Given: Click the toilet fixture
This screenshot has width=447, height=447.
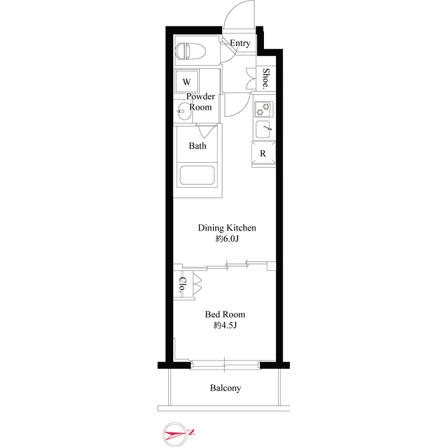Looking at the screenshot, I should pyautogui.click(x=188, y=51).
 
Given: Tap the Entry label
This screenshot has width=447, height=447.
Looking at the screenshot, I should pyautogui.click(x=240, y=43).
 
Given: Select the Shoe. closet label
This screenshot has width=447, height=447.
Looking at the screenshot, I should pyautogui.click(x=266, y=78).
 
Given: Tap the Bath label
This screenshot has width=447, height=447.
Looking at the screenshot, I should pyautogui.click(x=197, y=146).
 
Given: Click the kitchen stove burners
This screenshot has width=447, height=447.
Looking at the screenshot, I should pyautogui.click(x=263, y=110).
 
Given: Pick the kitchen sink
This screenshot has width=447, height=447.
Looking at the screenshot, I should pyautogui.click(x=263, y=130).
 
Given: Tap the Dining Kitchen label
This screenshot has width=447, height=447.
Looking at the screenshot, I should pyautogui.click(x=227, y=228).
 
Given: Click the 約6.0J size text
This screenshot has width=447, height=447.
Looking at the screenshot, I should pyautogui.click(x=227, y=240).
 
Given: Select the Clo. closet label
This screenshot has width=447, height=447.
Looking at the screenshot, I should pyautogui.click(x=182, y=284).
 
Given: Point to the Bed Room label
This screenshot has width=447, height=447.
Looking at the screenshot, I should pyautogui.click(x=225, y=314).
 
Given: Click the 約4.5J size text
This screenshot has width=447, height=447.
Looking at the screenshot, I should pyautogui.click(x=225, y=326).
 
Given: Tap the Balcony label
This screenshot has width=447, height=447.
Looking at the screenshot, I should pyautogui.click(x=225, y=388).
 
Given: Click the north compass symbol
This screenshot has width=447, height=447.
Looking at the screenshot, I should pyautogui.click(x=175, y=434).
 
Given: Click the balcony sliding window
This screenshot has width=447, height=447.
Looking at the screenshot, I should pyautogui.click(x=224, y=364).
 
